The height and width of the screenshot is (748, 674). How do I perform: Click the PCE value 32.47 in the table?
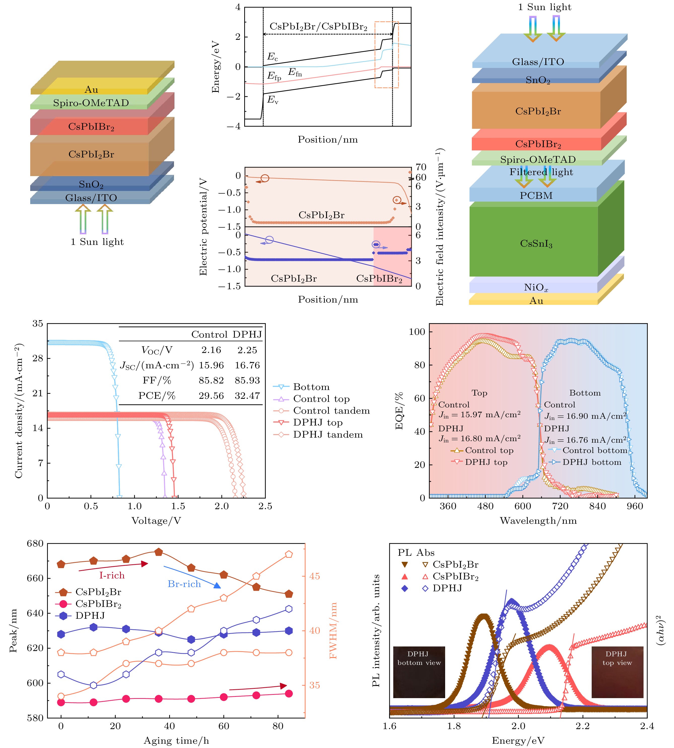247,396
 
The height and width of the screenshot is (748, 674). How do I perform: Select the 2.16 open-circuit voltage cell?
211,350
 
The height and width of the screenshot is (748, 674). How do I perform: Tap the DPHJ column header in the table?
247,335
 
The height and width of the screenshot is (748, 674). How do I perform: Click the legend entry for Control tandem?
331,410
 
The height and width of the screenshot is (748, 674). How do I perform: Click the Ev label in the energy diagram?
273,100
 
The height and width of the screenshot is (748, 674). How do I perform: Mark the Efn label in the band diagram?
295,73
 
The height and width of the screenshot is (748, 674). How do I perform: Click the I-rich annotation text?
112,575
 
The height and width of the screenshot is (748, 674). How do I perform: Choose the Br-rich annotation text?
184,584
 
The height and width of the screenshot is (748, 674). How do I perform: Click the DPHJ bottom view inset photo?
419,672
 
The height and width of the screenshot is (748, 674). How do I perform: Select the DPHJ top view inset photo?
617,672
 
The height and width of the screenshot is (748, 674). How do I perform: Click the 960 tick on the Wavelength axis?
635,506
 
